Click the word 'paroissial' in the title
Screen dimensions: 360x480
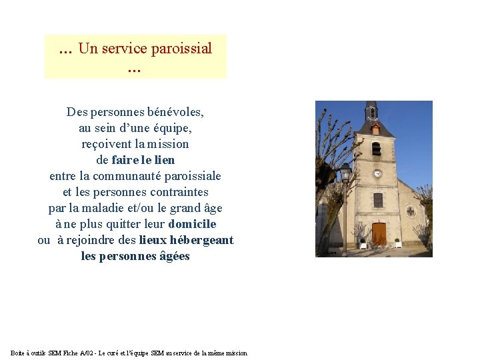point(181,48)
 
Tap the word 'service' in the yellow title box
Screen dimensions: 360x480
point(124,48)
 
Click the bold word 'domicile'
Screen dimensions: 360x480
point(193,224)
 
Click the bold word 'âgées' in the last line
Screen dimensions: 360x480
point(175,256)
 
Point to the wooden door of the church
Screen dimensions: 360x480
point(379,233)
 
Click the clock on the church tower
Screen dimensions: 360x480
point(377,173)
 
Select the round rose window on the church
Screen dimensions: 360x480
point(411,211)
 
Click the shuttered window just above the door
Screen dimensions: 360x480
point(378,199)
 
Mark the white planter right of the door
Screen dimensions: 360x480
point(398,243)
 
